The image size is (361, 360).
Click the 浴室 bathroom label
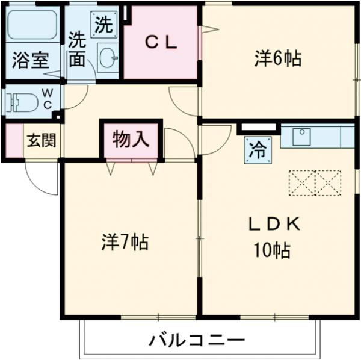click(x=31, y=61)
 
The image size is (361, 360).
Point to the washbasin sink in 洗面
click(x=109, y=58)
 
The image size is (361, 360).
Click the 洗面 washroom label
click(x=77, y=49)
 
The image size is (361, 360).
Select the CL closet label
click(x=162, y=42)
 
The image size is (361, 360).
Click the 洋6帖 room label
click(x=277, y=58)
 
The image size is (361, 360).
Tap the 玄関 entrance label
click(x=41, y=141)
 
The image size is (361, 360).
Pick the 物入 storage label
click(x=131, y=140)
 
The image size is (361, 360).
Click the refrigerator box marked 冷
click(x=258, y=149)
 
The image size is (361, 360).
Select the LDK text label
click(x=274, y=224)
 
